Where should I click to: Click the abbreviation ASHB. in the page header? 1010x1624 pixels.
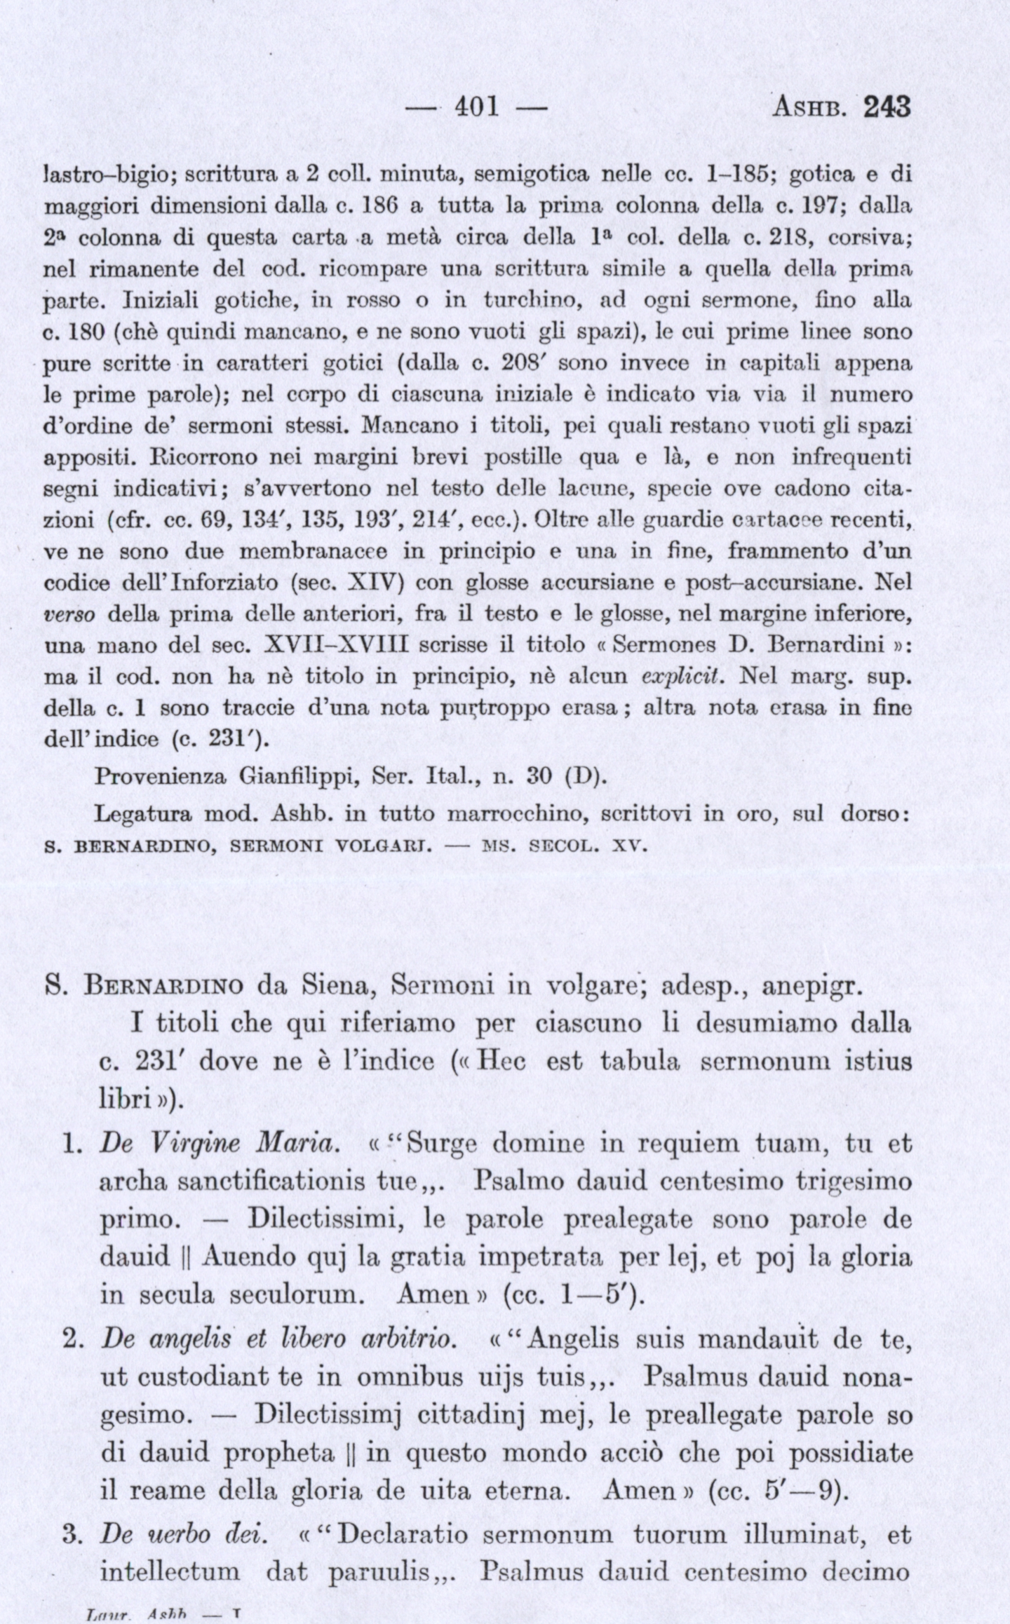pyautogui.click(x=812, y=108)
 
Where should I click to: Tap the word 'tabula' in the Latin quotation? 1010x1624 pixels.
pyautogui.click(x=640, y=1061)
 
